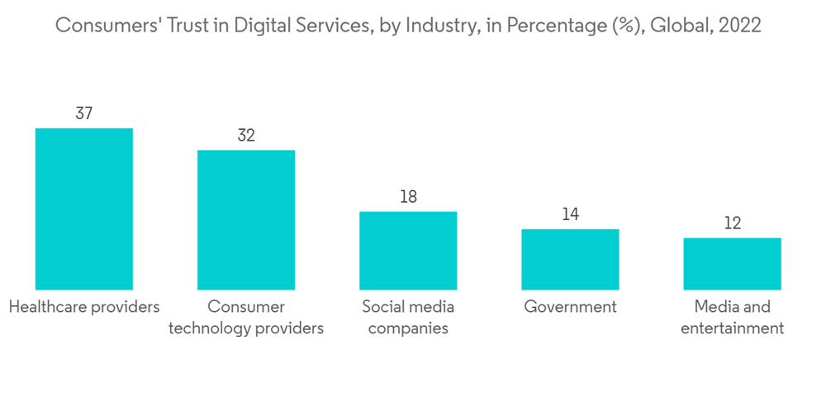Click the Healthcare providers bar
[83, 208]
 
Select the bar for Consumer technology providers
[246, 219]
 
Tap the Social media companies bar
[408, 250]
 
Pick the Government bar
[570, 259]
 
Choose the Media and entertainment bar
[732, 263]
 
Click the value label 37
[83, 113]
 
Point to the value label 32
[246, 135]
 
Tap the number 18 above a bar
[408, 197]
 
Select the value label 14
[570, 214]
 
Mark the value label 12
[732, 223]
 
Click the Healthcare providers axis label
[83, 307]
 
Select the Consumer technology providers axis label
[246, 318]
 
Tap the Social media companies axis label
[408, 318]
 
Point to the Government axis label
[570, 307]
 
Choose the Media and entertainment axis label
[732, 318]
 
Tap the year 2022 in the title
[740, 26]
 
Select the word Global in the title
[680, 26]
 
